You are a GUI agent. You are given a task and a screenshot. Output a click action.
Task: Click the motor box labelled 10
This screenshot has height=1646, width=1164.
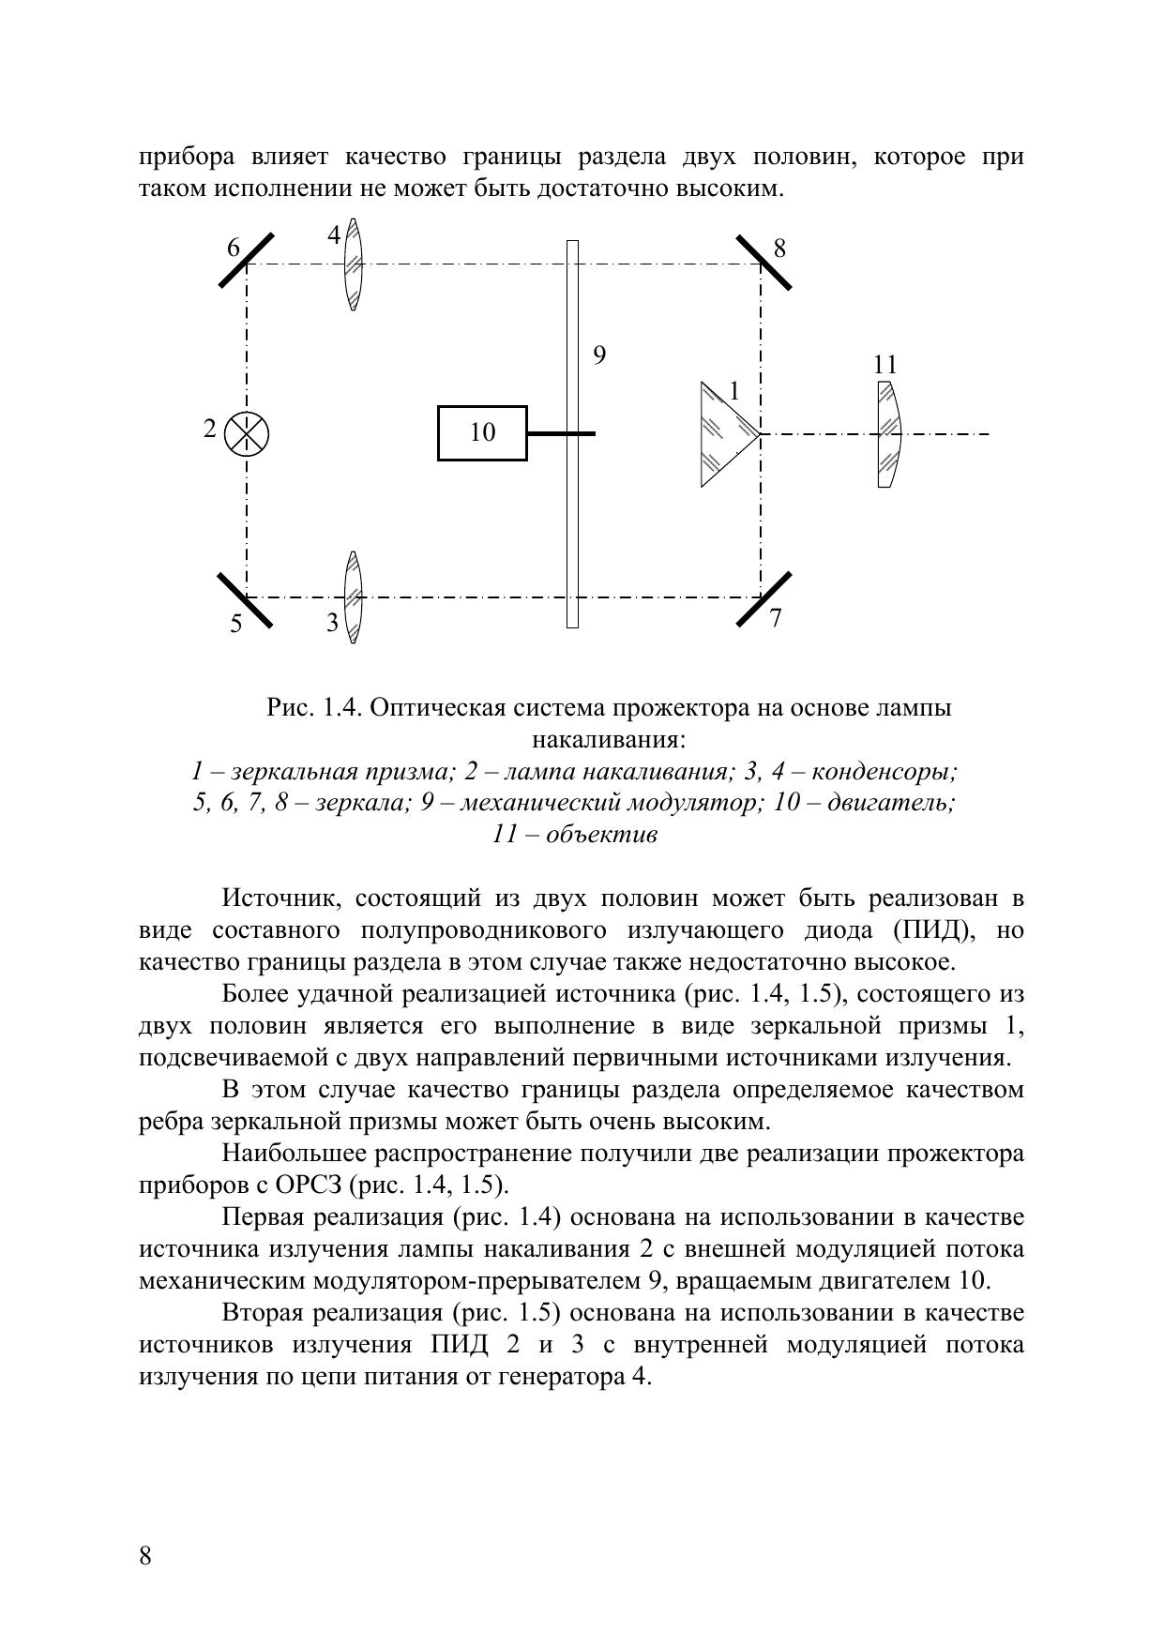(482, 432)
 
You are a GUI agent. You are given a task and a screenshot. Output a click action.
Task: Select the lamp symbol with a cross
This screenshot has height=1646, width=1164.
(247, 433)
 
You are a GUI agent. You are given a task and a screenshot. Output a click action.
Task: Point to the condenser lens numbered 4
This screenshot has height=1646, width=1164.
(353, 264)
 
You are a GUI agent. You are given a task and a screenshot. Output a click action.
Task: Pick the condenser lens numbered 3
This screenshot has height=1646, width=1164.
(353, 596)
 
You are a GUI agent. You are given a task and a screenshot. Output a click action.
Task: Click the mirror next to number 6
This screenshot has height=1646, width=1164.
(247, 260)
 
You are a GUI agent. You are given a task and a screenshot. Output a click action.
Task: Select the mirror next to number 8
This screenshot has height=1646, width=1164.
(763, 263)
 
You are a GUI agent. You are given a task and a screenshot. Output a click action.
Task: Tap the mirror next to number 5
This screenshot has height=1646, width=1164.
(245, 599)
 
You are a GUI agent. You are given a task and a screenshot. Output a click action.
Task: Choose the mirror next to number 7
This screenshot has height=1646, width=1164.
(763, 598)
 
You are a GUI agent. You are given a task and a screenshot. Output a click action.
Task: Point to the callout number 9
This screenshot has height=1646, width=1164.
(599, 355)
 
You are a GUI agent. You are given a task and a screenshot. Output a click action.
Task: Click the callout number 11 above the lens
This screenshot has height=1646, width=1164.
(884, 364)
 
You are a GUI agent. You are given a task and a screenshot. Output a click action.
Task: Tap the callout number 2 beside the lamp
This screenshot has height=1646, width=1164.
(210, 430)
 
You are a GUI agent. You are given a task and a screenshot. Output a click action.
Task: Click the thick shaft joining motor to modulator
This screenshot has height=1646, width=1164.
(560, 433)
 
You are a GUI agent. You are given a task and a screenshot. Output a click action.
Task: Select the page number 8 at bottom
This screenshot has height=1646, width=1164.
(145, 1556)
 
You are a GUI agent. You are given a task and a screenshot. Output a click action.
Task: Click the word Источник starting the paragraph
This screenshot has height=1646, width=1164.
(275, 899)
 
